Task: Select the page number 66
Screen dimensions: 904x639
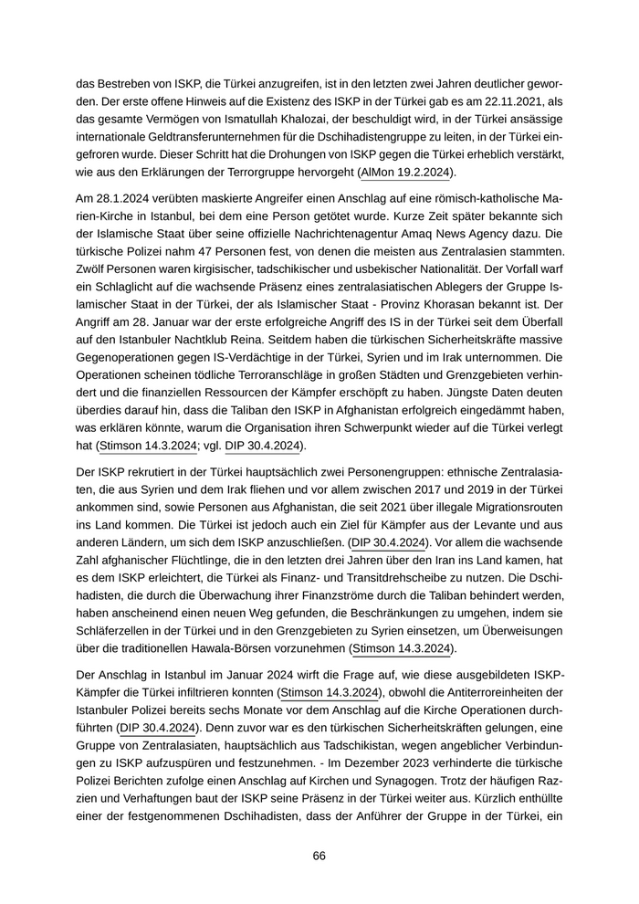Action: pos(319,856)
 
